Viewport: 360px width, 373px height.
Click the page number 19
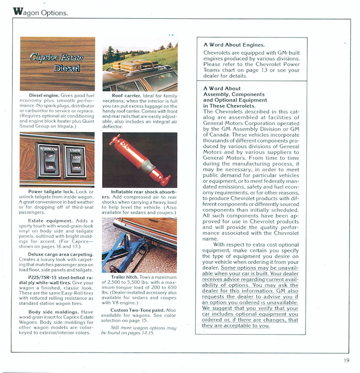pos(347,361)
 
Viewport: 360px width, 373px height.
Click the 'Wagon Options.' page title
pos(41,12)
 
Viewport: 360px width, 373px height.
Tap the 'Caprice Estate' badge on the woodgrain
pos(56,57)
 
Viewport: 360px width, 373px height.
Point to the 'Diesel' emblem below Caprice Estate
pos(67,68)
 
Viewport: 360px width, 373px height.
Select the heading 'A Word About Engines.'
pos(234,45)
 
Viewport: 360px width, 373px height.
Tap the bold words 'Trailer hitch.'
pos(125,277)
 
